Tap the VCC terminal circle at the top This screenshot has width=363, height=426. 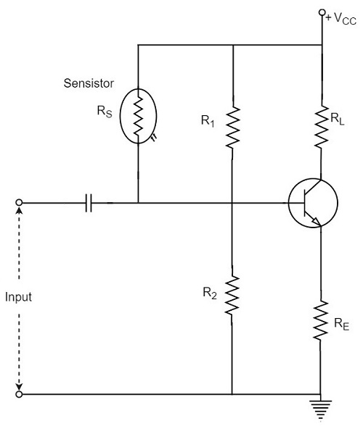(321, 13)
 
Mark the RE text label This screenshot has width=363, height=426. (340, 325)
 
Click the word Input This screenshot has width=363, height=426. (17, 297)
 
